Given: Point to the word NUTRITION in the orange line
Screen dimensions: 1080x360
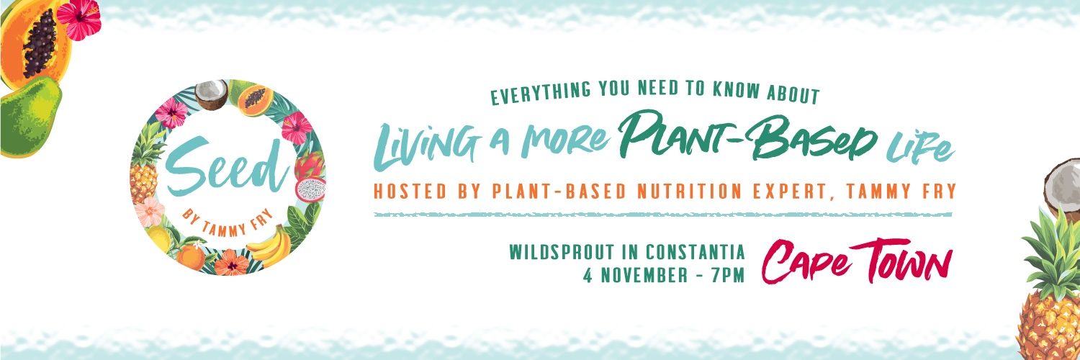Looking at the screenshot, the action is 689,192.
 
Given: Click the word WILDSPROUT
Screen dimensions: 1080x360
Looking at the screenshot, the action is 562,252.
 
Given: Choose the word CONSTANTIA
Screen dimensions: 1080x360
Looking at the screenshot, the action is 696,252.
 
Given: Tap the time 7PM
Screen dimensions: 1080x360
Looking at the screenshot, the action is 728,275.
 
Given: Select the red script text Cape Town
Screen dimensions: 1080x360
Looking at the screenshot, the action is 857,261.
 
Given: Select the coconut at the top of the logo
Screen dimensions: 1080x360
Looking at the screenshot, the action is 211,94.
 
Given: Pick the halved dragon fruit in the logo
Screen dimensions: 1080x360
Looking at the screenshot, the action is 310,189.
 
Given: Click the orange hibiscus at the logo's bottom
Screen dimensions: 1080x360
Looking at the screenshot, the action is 231,263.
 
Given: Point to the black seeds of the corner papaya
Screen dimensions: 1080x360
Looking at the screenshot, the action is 40,43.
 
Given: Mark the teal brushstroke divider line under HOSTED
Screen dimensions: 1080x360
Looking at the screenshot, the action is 663,215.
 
